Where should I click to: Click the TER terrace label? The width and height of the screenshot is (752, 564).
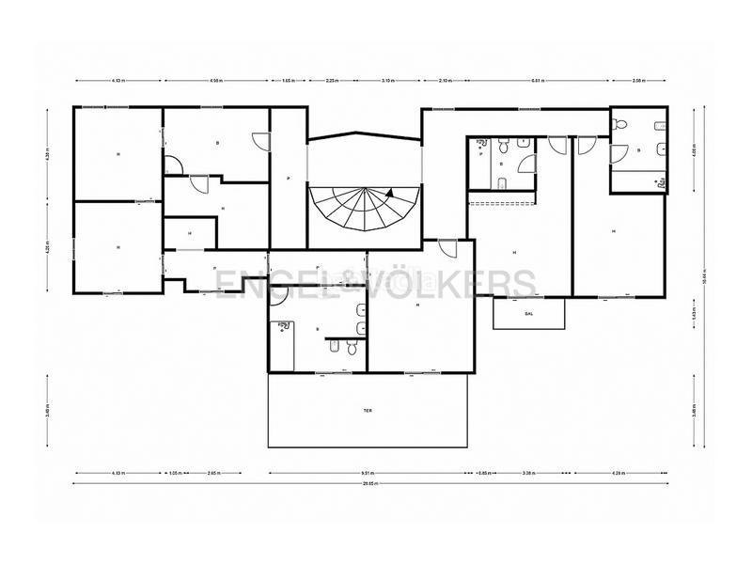[368, 411]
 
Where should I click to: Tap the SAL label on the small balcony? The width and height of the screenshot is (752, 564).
[529, 314]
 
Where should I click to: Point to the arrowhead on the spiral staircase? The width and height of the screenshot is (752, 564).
[387, 192]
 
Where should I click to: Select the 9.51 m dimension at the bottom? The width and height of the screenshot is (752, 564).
[368, 472]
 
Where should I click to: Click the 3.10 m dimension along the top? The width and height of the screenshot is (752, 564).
[388, 81]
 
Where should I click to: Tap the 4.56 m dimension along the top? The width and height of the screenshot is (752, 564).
[217, 81]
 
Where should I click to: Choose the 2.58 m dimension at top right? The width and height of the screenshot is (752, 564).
[639, 81]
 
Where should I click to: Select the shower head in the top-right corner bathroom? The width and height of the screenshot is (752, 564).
[620, 122]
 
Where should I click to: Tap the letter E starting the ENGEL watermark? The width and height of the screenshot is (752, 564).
[224, 282]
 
